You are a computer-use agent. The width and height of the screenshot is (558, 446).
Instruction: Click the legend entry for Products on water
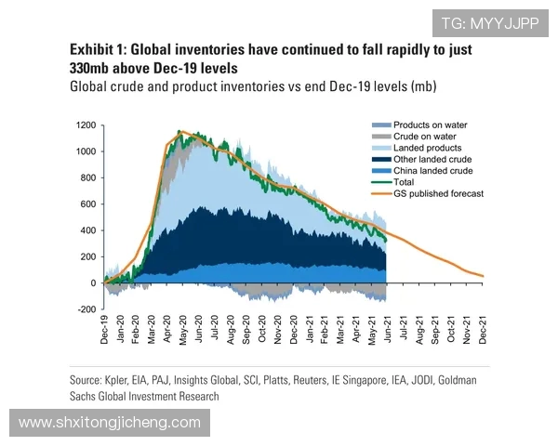(430, 125)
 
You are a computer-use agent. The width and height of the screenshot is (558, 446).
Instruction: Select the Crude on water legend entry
(426, 136)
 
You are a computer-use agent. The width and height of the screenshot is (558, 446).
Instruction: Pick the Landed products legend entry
(427, 148)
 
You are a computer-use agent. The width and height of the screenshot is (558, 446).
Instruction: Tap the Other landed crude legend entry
(432, 159)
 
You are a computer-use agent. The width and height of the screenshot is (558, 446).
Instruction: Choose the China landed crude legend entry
(432, 171)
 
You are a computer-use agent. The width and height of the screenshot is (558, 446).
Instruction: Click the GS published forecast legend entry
(438, 193)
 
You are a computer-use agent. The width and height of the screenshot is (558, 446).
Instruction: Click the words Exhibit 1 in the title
(99, 50)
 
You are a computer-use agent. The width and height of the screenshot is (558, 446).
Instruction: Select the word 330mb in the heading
(90, 68)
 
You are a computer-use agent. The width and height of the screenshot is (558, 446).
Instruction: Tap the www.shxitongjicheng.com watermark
(110, 422)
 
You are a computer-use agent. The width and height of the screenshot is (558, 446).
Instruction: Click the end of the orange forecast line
(483, 276)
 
